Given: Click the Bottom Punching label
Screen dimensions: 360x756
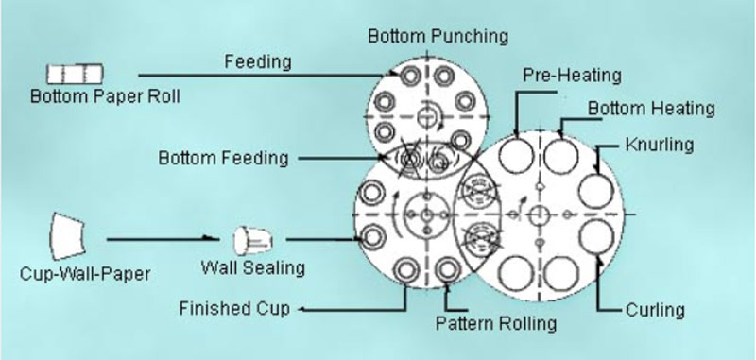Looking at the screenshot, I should pos(438,37).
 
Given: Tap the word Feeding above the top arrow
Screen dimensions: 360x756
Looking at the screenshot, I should pos(257,61).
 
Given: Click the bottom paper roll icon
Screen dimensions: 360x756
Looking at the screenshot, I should pos(75,73).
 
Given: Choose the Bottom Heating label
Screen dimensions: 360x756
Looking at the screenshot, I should pos(651,109).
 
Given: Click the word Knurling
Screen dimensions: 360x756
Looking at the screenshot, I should pos(660,145).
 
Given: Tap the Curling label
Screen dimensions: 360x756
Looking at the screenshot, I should pos(655,309).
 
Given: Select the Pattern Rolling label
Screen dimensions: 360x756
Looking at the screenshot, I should pos(496,323).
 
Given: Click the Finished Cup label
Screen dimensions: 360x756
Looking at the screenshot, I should pos(235,308).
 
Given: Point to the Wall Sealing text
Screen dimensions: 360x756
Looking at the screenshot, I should pos(252,267).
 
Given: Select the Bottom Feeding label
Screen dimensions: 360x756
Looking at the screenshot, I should pos(223,158).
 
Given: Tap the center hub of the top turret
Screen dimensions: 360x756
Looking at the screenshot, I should pos(431,116).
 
